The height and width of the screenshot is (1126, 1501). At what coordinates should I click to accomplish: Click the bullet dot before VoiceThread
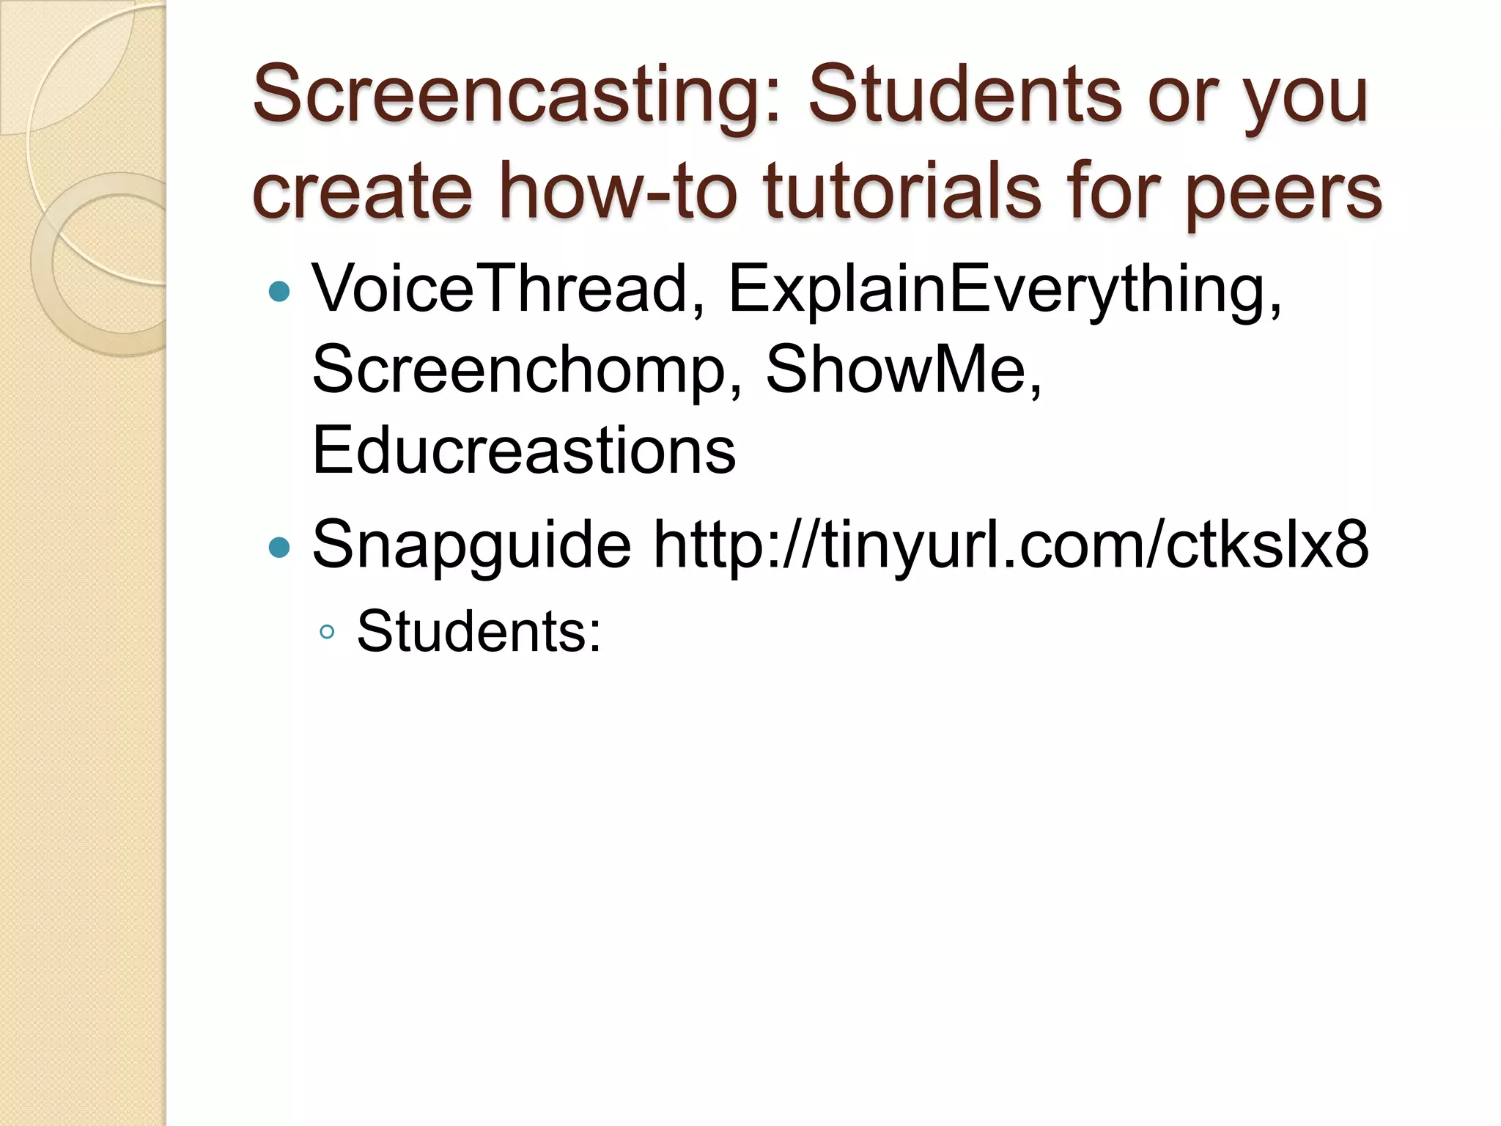pyautogui.click(x=279, y=292)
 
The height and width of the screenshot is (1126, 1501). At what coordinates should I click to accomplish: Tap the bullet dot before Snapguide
pyautogui.click(x=279, y=547)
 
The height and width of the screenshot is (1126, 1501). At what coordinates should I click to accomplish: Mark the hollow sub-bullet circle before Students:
pyautogui.click(x=327, y=633)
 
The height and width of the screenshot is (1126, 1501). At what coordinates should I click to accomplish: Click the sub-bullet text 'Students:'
pyautogui.click(x=479, y=631)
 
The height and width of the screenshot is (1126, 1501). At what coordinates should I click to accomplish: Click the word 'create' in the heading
pyautogui.click(x=362, y=192)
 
